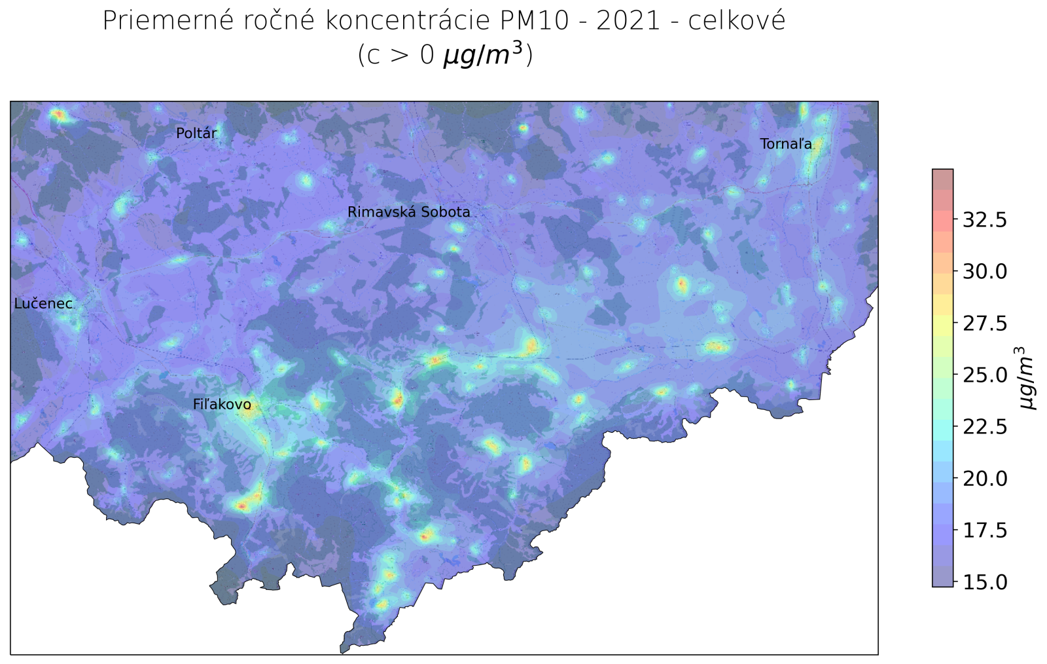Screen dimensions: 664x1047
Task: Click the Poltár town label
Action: (x=196, y=134)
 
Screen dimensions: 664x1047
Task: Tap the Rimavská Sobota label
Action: (x=408, y=212)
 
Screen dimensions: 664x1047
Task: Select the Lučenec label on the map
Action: (x=43, y=304)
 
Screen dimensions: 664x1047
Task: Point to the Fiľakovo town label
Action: (x=222, y=405)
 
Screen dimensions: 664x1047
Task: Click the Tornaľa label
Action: (x=786, y=144)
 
